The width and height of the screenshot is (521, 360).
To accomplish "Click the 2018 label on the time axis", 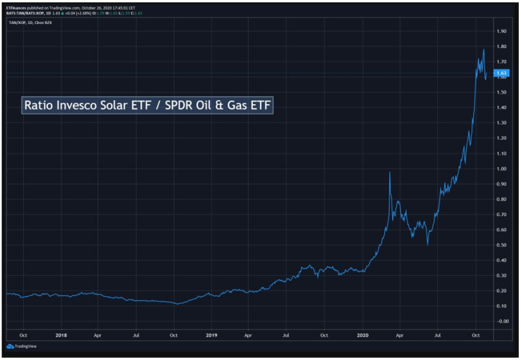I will [x=61, y=335].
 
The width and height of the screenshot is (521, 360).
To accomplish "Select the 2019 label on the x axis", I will [x=212, y=335].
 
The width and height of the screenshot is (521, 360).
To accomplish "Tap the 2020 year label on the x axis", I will [x=363, y=335].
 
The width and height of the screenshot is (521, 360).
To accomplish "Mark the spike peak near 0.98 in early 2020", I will [x=389, y=173].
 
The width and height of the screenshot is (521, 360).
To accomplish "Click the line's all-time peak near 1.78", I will [x=484, y=49].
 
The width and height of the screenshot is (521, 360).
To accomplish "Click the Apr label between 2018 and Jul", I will [x=97, y=335].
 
